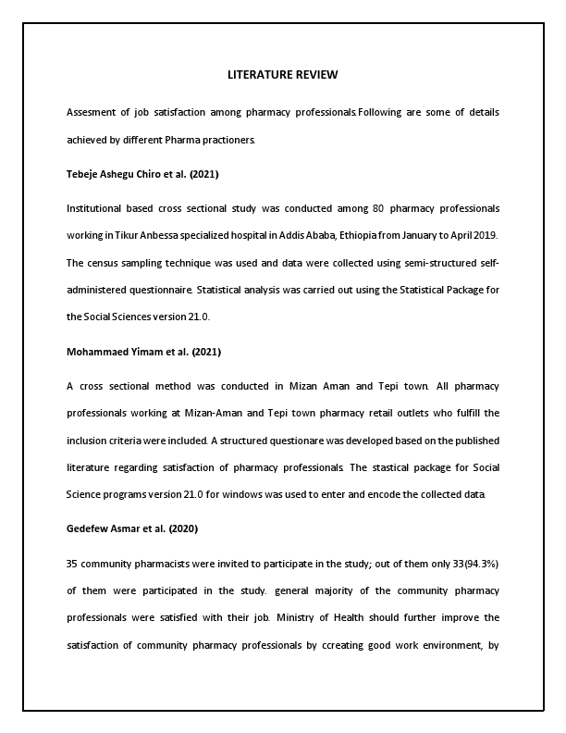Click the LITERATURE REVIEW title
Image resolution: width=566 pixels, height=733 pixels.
[x=283, y=74]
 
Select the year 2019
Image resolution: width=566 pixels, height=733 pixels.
[x=488, y=236]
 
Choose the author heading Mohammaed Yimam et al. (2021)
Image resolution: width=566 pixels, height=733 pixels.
[x=143, y=352]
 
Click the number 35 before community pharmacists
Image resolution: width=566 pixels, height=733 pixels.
[x=72, y=564]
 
